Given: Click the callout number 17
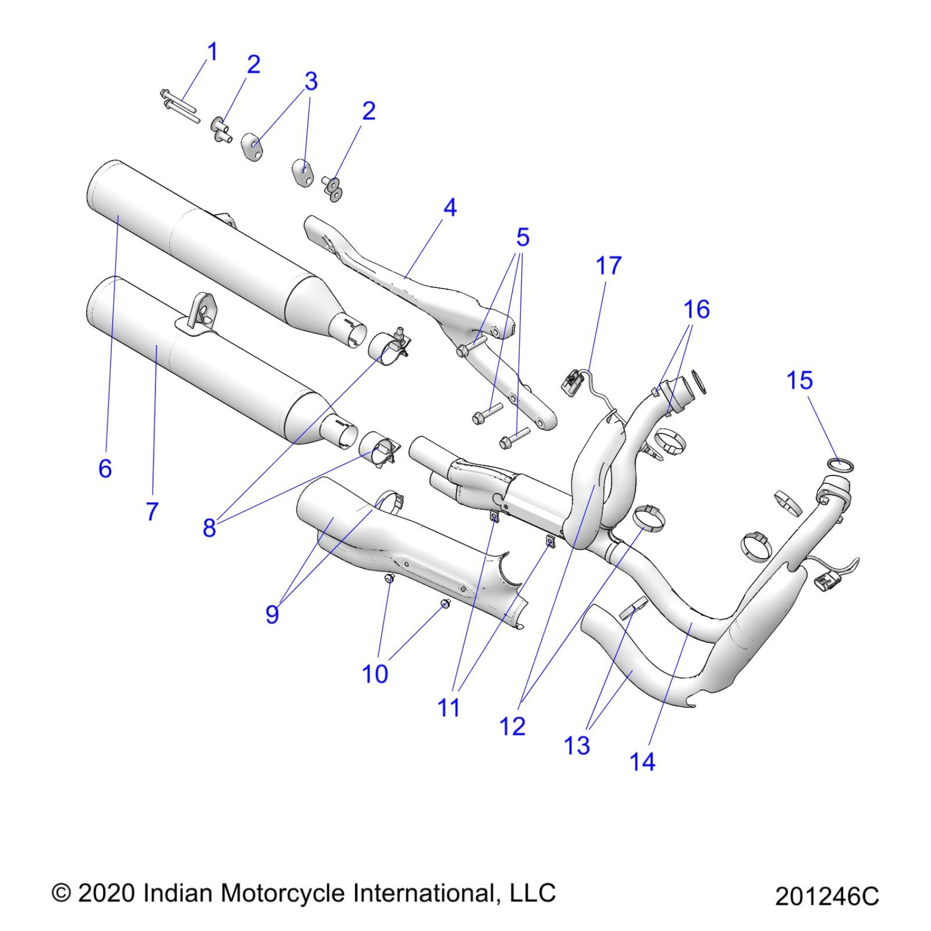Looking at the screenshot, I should click(608, 266).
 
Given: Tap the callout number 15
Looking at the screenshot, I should click(799, 381).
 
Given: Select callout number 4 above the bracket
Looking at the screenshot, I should click(450, 208).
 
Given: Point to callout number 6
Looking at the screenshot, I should click(105, 469).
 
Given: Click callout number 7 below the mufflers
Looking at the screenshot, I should click(152, 512).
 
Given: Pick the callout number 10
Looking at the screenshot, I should click(375, 674).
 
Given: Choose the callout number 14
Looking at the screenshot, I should click(642, 762).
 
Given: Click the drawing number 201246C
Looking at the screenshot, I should click(826, 896).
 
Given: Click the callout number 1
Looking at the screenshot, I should click(212, 52).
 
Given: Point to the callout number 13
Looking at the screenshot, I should click(577, 745).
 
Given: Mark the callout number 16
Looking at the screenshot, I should click(697, 310).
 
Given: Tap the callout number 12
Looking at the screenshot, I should click(512, 727).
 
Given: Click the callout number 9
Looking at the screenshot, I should click(272, 614).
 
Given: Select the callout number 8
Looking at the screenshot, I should click(209, 528).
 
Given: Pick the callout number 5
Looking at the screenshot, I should click(523, 238).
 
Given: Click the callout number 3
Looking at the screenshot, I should click(311, 82).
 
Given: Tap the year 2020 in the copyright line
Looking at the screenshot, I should click(106, 893).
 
